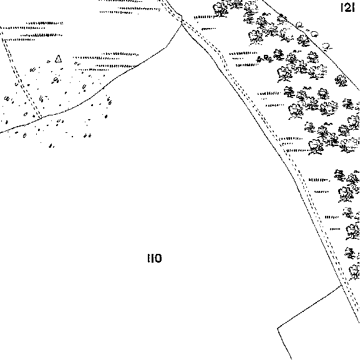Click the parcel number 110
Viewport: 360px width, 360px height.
[155, 258]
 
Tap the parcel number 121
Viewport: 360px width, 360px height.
[348, 8]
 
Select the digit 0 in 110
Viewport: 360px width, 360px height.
[158, 258]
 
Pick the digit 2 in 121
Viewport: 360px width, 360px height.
[348, 8]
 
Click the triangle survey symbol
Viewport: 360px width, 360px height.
[58, 59]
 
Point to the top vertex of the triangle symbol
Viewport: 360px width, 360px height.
[59, 55]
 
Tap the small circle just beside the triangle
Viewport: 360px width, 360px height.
[49, 62]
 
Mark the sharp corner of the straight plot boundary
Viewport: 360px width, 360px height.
[278, 328]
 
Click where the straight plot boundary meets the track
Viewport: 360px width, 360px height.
[342, 286]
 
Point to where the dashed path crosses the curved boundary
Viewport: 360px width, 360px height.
[39, 117]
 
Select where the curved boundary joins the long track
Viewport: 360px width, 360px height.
[182, 23]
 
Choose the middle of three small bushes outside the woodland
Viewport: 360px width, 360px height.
[314, 34]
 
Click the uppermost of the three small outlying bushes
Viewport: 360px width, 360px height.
[299, 24]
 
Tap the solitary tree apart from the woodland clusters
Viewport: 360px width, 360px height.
[341, 81]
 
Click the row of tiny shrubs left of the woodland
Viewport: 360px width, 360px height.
[265, 59]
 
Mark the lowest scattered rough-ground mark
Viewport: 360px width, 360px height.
[51, 146]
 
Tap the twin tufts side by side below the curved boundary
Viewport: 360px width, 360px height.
[87, 135]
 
